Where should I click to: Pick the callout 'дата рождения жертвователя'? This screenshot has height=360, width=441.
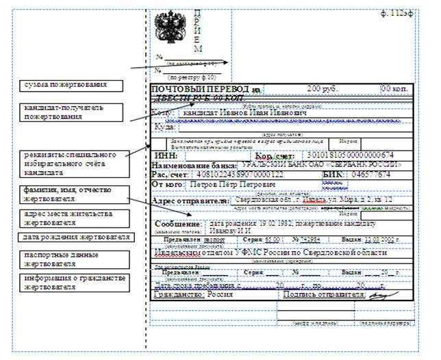tap(76, 237)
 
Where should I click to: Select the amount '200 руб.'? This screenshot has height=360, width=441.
tap(323, 89)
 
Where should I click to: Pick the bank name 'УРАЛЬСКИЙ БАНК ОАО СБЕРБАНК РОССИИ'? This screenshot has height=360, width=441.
tap(320, 165)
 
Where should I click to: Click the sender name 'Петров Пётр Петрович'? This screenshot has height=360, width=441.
tap(228, 185)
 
